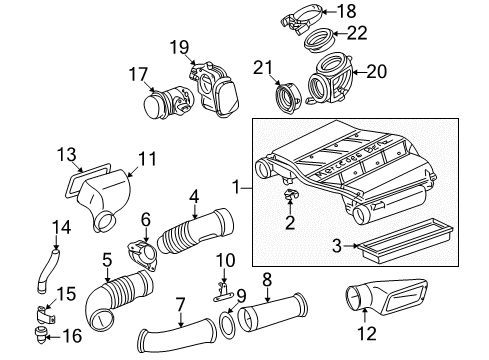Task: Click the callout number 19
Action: pos(180,47)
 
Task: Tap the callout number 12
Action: pos(367,334)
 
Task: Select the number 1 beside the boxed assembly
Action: pos(236,187)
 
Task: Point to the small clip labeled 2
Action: pos(291,194)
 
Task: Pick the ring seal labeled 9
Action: pos(228,325)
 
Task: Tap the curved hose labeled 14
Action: pos(49,270)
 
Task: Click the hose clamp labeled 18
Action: pos(301,17)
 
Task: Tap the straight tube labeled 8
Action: pos(273,314)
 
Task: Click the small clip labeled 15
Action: pos(45,315)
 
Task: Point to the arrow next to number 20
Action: pos(360,72)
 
